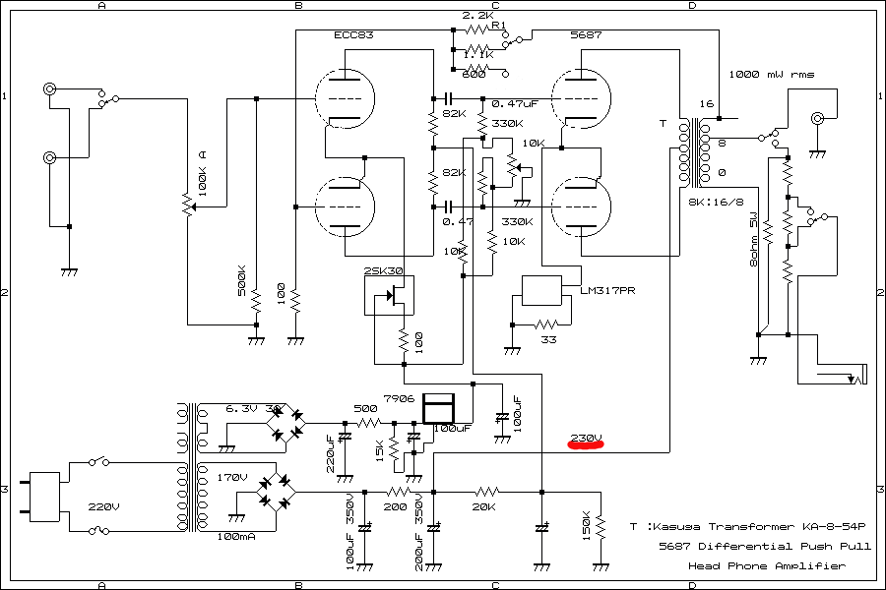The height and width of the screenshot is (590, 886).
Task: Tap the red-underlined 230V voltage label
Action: (586, 437)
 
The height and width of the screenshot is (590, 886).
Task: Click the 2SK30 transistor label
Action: (384, 270)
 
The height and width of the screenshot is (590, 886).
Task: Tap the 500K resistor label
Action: (242, 279)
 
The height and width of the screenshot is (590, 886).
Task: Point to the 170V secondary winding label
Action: (233, 477)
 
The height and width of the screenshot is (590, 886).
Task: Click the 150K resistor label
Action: (587, 526)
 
